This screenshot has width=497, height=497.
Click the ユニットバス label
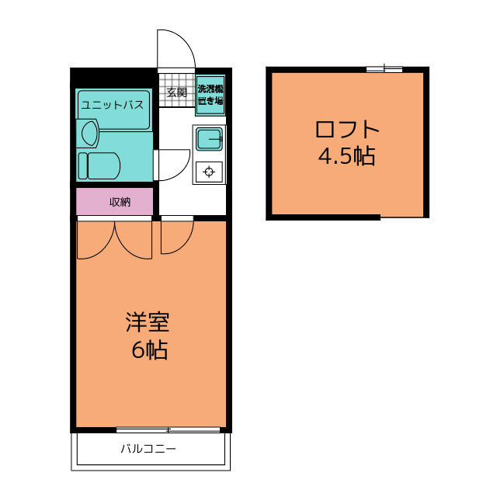click(x=113, y=105)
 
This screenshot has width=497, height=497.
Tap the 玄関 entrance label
click(x=177, y=92)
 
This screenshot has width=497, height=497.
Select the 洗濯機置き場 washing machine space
click(x=210, y=95)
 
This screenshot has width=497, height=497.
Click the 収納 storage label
click(x=120, y=202)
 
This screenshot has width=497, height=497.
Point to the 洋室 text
click(x=148, y=322)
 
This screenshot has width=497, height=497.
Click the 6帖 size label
click(x=150, y=350)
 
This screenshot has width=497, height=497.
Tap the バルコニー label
click(x=148, y=449)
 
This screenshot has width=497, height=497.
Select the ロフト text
click(x=347, y=129)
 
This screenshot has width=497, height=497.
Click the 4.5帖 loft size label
click(x=347, y=156)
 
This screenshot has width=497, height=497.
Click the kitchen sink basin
click(x=209, y=139)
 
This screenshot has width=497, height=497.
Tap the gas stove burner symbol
click(x=209, y=172)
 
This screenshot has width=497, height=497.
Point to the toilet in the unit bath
click(x=99, y=165)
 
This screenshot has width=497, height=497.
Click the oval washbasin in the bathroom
click(x=89, y=134)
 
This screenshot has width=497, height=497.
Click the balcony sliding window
click(x=168, y=429)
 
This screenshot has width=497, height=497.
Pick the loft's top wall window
click(x=384, y=69)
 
